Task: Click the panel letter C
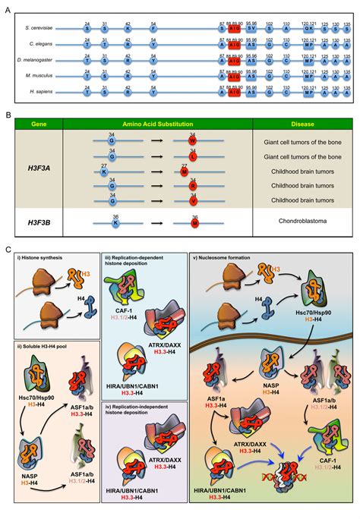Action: (x=8, y=249)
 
